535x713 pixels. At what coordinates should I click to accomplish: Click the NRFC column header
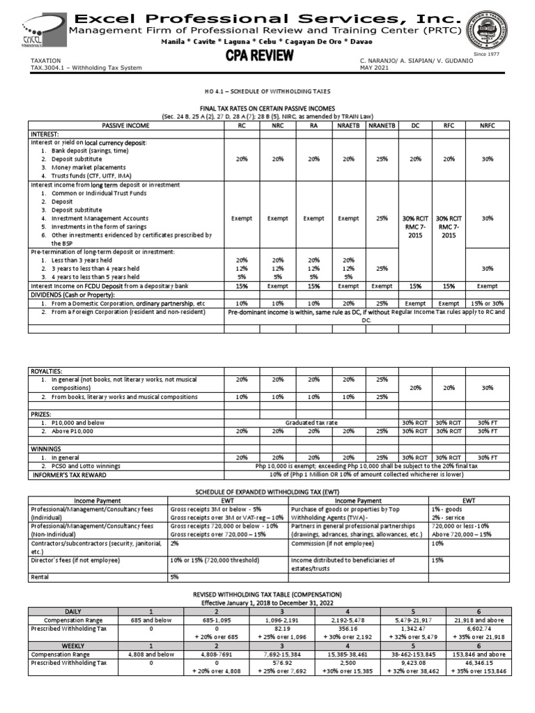click(x=486, y=126)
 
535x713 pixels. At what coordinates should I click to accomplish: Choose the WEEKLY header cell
click(x=73, y=646)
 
